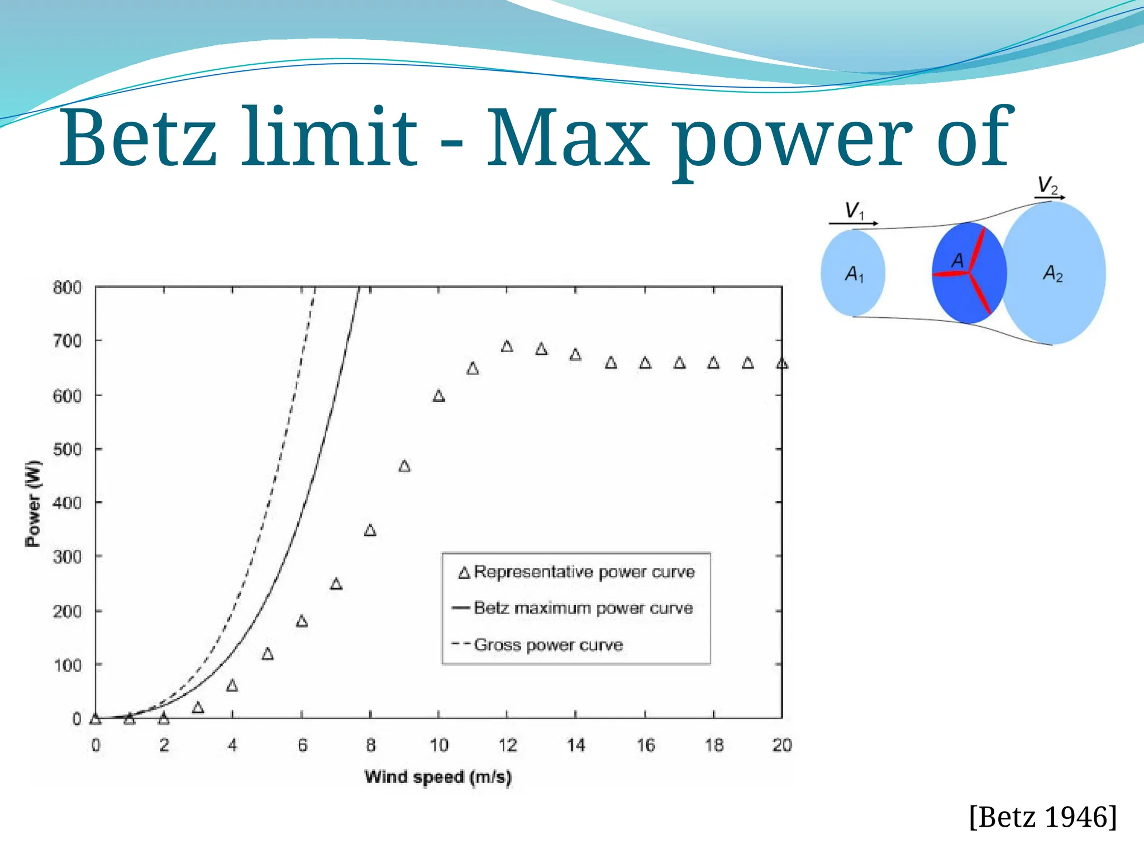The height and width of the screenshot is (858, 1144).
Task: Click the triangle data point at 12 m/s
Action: (x=507, y=346)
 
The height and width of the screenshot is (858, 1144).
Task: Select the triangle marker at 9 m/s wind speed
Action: (x=404, y=466)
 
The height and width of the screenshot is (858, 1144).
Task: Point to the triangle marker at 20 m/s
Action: (x=782, y=364)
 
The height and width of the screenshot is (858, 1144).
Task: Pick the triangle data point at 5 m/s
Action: (x=268, y=654)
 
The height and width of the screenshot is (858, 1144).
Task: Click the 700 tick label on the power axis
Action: (x=67, y=341)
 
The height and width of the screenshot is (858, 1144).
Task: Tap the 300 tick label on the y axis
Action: (x=67, y=556)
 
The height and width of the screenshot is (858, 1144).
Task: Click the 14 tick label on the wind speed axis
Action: (x=576, y=745)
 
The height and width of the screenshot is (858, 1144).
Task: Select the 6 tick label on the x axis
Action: (x=302, y=745)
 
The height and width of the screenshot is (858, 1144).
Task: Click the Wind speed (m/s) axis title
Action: (x=438, y=777)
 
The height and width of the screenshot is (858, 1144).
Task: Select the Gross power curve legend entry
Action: (x=548, y=645)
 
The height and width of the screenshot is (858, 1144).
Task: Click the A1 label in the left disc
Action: (x=854, y=274)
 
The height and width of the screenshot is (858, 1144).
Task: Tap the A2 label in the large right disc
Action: (x=1053, y=274)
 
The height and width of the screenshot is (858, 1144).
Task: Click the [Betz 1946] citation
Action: (x=1043, y=817)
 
